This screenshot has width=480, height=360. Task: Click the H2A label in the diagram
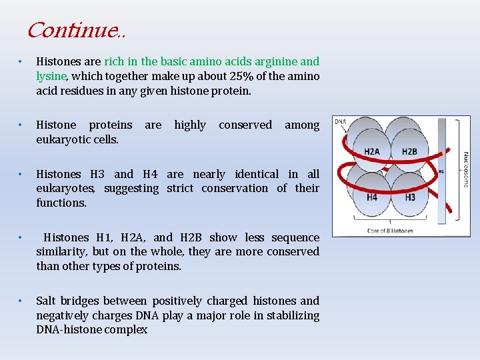pyautogui.click(x=372, y=152)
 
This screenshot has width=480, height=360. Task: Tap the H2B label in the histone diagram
pyautogui.click(x=409, y=152)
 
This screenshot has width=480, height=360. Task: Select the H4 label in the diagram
pyautogui.click(x=372, y=197)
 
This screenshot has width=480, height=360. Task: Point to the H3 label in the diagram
pyautogui.click(x=409, y=197)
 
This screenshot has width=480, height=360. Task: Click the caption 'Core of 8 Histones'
pyautogui.click(x=391, y=231)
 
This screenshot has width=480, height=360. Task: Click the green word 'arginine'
pyautogui.click(x=275, y=61)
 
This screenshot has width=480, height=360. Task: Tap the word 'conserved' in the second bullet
pyautogui.click(x=245, y=125)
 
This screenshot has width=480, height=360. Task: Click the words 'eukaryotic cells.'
pyautogui.click(x=77, y=139)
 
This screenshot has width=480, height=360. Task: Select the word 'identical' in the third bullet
pyautogui.click(x=258, y=174)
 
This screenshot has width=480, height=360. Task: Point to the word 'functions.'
pyautogui.click(x=61, y=203)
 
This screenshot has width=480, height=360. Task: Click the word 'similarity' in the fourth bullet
pyautogui.click(x=61, y=252)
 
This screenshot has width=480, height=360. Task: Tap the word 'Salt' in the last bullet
pyautogui.click(x=47, y=301)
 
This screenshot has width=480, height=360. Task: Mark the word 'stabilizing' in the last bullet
pyautogui.click(x=292, y=315)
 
